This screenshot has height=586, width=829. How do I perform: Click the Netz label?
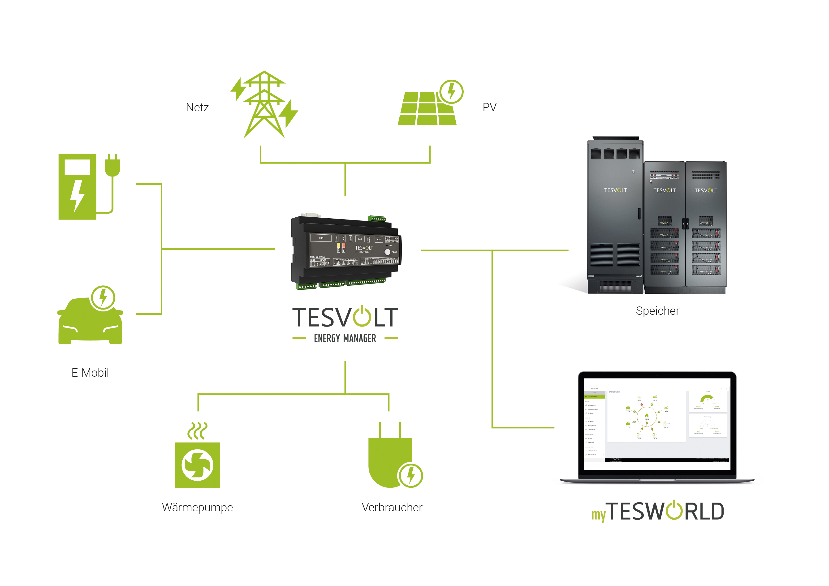[197, 107]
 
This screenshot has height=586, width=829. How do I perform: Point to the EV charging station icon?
[78, 187]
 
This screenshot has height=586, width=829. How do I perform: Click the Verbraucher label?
[392, 507]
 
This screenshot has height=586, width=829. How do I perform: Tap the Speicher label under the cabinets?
[657, 311]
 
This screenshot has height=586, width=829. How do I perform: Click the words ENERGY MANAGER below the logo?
[345, 338]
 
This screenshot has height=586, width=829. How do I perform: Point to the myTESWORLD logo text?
[657, 512]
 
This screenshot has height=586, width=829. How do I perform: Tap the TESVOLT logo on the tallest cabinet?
[615, 190]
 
